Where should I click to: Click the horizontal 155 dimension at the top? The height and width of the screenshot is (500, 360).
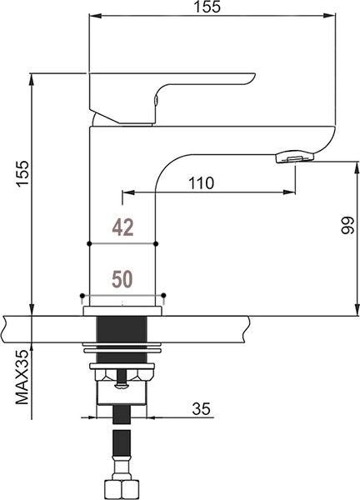[207, 7]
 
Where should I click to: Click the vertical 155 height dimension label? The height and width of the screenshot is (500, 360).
[23, 173]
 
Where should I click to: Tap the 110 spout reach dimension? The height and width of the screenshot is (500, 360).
[201, 183]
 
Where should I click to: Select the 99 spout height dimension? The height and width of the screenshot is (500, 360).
[347, 226]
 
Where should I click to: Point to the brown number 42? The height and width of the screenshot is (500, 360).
[122, 227]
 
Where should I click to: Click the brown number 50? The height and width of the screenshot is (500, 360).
[122, 279]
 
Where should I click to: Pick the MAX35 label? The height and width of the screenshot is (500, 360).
[22, 377]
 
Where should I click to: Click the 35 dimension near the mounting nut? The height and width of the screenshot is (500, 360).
[201, 409]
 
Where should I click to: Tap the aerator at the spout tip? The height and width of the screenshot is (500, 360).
[295, 157]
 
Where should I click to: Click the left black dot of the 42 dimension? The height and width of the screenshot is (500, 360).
[89, 244]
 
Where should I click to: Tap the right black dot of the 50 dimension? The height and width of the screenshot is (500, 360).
[163, 295]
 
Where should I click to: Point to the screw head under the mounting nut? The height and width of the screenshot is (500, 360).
[122, 386]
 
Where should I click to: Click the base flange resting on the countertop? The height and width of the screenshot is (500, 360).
[122, 311]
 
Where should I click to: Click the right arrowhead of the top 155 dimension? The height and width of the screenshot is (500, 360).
[329, 15]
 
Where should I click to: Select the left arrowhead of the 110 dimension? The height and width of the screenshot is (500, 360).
[128, 192]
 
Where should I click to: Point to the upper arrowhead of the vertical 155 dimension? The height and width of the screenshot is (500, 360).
[31, 79]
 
